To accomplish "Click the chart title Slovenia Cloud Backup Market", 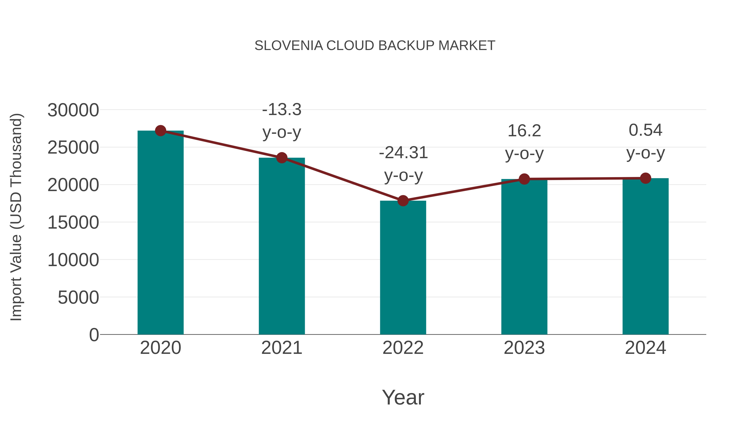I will [x=375, y=46].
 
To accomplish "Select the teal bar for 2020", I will [x=160, y=233].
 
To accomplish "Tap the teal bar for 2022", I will [x=403, y=268].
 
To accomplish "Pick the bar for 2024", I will [x=645, y=256].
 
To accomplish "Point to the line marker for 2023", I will [x=524, y=179].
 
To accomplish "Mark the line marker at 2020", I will [x=160, y=131].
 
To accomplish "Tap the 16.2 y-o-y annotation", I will [x=524, y=142].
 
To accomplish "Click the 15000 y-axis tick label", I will [x=73, y=223].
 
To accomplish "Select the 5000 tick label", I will [x=78, y=297].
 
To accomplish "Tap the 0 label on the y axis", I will [x=94, y=335].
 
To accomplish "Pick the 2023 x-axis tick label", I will [x=524, y=348].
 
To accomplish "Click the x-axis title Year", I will [x=403, y=397].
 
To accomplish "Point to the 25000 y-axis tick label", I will [x=73, y=148].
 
